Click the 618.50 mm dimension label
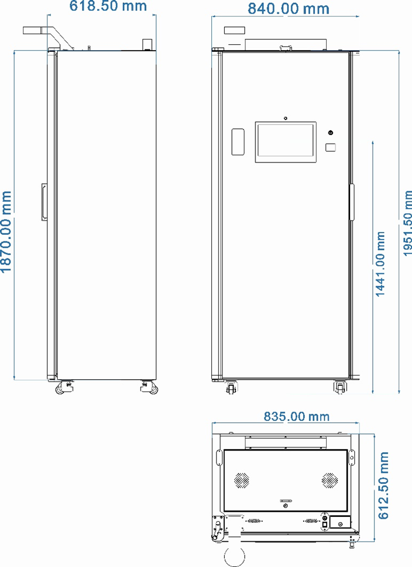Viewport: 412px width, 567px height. (x=108, y=6)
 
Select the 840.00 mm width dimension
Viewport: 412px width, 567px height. (x=288, y=9)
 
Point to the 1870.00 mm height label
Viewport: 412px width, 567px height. (x=6, y=232)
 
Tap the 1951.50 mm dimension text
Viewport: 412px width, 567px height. (x=407, y=224)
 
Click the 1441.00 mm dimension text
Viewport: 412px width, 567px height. (x=380, y=264)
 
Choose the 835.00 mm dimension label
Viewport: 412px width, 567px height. (x=297, y=416)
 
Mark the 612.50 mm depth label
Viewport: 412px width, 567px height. (x=383, y=485)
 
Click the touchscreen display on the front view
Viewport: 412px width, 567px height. (x=285, y=142)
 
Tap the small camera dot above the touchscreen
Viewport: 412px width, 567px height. (x=285, y=118)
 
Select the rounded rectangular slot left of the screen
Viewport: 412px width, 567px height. (x=238, y=142)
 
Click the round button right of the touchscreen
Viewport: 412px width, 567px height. (x=330, y=132)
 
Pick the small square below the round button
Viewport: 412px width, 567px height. (x=330, y=147)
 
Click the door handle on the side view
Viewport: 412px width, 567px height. (x=44, y=202)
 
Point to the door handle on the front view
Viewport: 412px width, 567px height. (x=351, y=202)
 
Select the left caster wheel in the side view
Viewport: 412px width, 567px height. (x=64, y=387)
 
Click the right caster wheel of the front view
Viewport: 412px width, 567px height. (x=340, y=387)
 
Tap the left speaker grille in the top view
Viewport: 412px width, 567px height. (x=241, y=480)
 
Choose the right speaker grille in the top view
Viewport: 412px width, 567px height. (x=330, y=480)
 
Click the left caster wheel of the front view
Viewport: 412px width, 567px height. (x=231, y=387)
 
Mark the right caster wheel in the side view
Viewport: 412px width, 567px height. (x=149, y=387)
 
